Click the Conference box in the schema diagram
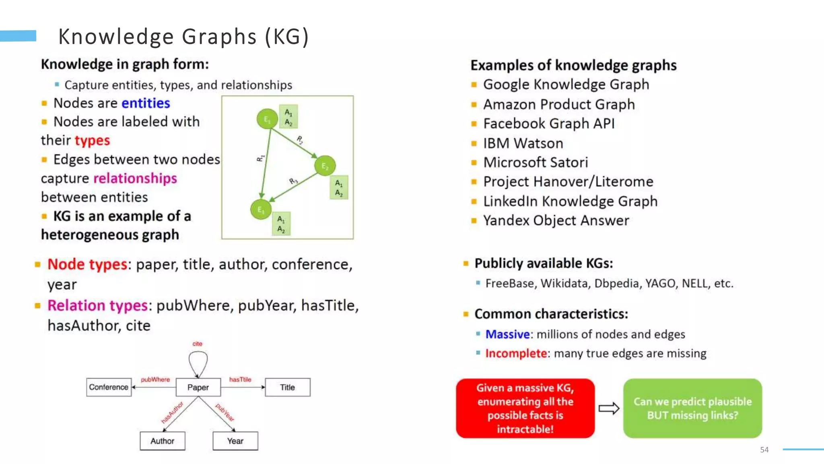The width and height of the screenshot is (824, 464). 109,387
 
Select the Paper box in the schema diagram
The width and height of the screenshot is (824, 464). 198,387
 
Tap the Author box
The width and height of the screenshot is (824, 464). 163,441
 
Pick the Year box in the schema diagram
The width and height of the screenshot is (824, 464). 235,441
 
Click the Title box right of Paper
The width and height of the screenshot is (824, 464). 288,387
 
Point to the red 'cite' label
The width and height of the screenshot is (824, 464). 197,344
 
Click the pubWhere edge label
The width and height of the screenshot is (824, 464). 155,379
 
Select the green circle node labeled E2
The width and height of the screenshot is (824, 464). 325,166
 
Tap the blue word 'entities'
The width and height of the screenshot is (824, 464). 146,103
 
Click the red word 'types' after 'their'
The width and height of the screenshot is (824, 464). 92,141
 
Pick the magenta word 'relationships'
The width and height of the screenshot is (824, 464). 135,178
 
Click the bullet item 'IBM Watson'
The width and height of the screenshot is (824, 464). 523,143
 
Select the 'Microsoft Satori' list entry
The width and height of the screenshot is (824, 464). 536,162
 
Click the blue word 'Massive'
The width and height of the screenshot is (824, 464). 507,334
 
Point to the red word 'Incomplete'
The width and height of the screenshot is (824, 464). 516,353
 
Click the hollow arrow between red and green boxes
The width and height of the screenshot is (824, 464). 609,408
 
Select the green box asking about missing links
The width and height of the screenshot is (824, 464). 692,408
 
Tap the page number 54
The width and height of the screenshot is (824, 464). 764,449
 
